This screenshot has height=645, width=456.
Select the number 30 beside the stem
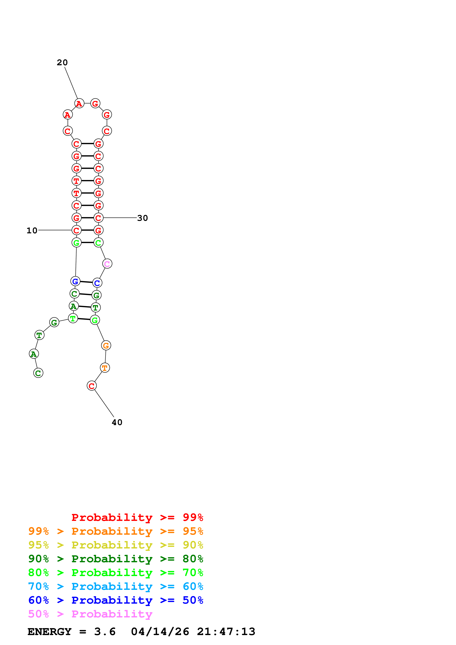(x=142, y=218)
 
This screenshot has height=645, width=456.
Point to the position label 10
(x=32, y=230)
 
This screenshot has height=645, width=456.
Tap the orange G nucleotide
(x=106, y=345)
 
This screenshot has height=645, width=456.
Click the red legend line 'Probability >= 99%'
(x=137, y=517)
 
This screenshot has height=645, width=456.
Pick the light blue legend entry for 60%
(x=116, y=586)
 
